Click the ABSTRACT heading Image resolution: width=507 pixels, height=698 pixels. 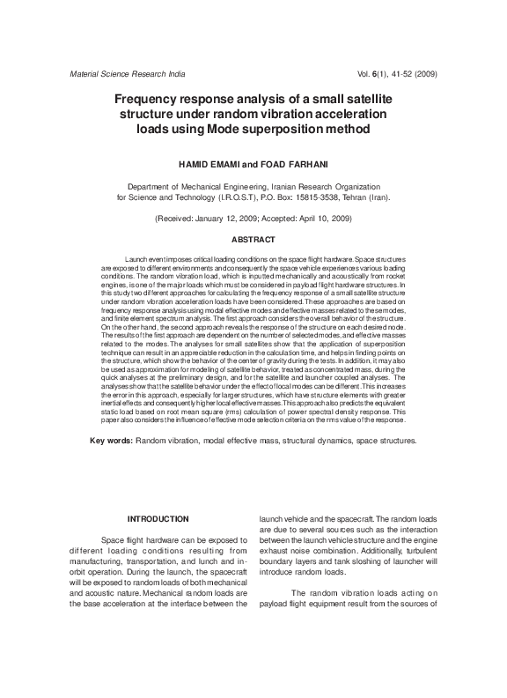(x=253, y=240)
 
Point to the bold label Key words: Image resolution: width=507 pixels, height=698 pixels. (x=112, y=439)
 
